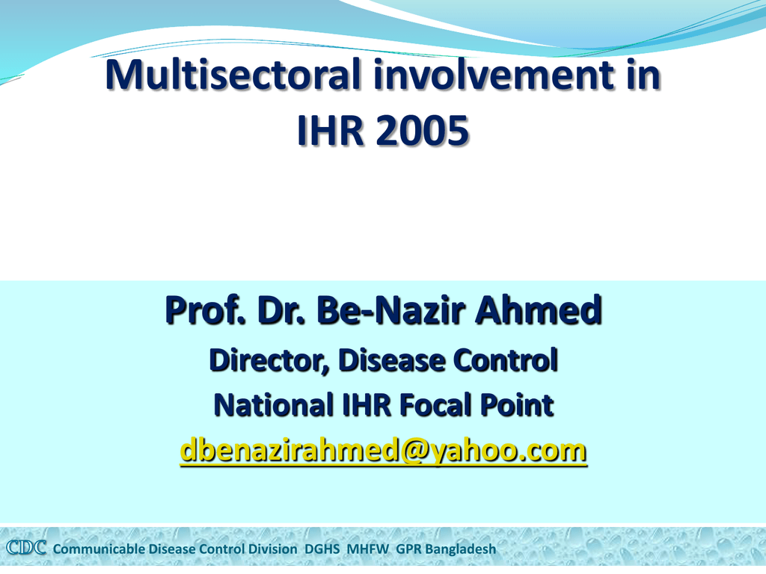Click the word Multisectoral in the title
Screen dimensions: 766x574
[x=233, y=74]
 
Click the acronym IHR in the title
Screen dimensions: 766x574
[x=330, y=130]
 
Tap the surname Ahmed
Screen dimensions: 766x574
[x=539, y=310]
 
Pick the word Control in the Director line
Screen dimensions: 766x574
[x=506, y=360]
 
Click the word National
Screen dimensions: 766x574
[x=274, y=405]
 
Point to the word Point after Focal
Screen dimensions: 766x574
[x=517, y=405]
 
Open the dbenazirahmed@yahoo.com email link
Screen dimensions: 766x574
[x=384, y=450]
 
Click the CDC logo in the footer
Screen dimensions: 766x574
[x=26, y=548]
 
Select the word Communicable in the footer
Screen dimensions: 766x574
[x=99, y=549]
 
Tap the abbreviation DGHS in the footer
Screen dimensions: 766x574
[x=322, y=549]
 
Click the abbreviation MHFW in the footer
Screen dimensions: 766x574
[x=368, y=549]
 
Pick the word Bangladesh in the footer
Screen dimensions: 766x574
[x=460, y=549]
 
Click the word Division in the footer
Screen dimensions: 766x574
[x=272, y=549]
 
